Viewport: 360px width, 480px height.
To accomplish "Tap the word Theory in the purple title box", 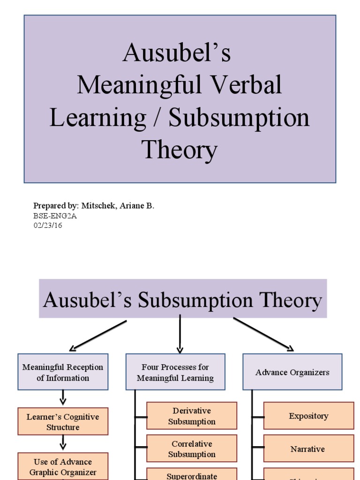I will (180, 151).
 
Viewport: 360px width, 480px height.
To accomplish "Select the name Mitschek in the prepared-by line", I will (97, 206).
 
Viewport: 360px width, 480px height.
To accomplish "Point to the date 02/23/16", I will (48, 225).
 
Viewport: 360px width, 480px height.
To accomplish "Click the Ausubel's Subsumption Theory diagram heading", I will (182, 300).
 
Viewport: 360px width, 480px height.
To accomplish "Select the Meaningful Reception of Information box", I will (63, 372).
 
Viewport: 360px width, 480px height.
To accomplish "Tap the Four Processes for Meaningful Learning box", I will (175, 372).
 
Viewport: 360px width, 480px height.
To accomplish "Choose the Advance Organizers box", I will (292, 372).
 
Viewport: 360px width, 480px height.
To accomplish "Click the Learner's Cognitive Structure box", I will (63, 421).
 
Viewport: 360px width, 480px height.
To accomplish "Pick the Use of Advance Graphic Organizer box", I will (63, 466).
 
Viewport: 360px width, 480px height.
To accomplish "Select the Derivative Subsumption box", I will (192, 416).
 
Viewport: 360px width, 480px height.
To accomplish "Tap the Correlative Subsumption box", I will (192, 449).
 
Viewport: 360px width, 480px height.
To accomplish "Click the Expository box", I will (308, 416).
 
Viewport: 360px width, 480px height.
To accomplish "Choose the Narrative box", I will (308, 449).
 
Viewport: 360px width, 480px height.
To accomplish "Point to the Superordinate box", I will (192, 475).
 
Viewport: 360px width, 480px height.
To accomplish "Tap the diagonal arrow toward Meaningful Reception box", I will (98, 336).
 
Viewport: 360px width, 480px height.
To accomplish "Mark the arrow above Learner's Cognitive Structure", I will (63, 398).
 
